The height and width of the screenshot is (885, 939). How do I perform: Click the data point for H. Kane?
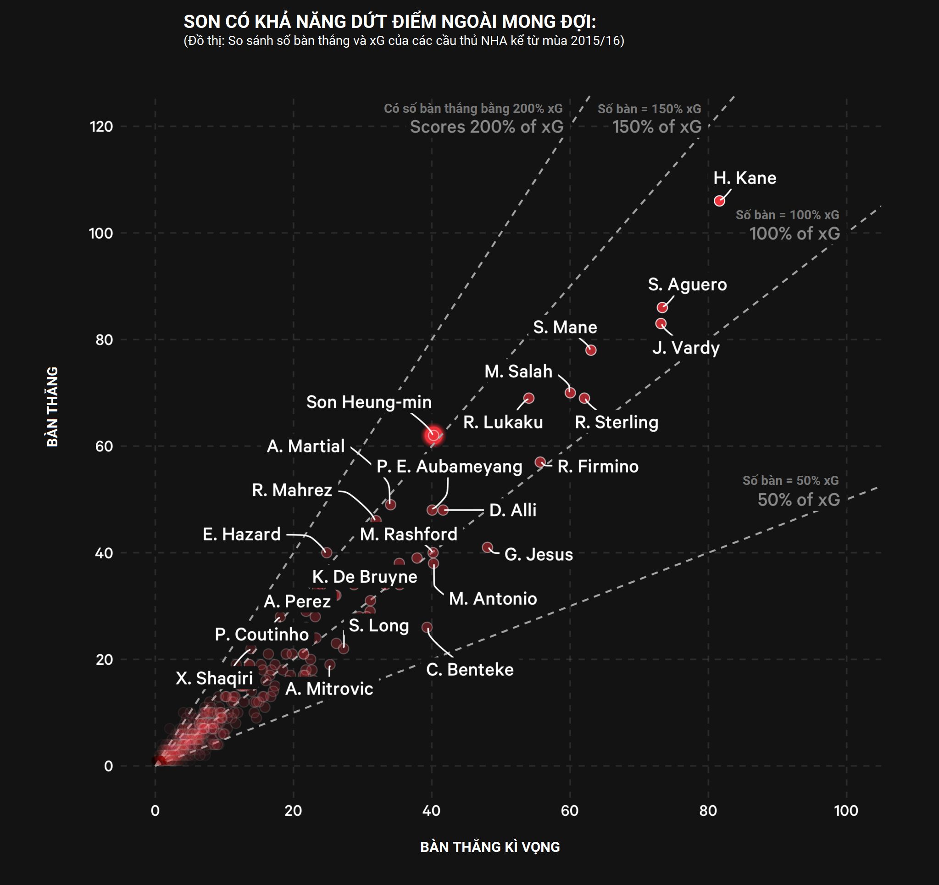(x=719, y=201)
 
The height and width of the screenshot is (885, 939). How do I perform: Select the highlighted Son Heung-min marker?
(x=433, y=435)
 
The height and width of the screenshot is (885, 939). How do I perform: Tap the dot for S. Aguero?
(x=662, y=307)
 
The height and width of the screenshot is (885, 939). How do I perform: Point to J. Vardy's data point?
(x=661, y=323)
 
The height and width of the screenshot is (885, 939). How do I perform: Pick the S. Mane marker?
(x=590, y=350)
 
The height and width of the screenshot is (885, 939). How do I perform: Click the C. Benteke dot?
(x=427, y=628)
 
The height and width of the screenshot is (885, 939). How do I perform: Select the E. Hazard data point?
(x=327, y=552)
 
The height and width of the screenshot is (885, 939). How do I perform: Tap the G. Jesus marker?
(x=488, y=547)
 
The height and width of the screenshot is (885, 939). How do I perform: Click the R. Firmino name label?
(x=598, y=467)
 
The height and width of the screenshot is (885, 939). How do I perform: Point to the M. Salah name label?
(x=518, y=372)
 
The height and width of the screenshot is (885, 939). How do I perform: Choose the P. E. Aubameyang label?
(x=449, y=467)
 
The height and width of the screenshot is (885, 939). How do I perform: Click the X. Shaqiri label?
(x=214, y=678)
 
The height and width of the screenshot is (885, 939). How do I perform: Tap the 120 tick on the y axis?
(x=101, y=127)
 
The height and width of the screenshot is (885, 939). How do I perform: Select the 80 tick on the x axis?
(x=707, y=811)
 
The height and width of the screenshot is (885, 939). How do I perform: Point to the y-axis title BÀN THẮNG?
(x=52, y=406)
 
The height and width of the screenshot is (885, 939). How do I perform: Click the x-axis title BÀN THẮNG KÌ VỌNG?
(x=490, y=847)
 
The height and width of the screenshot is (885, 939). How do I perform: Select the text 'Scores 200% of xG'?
(x=487, y=127)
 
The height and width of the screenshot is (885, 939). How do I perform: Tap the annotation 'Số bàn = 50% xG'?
(x=790, y=480)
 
